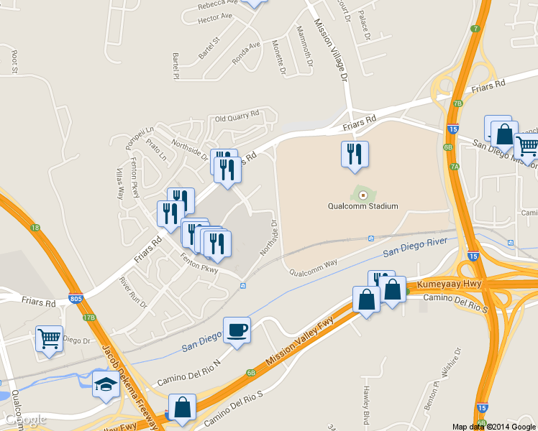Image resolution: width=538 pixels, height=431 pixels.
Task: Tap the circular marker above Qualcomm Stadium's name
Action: click(x=363, y=195)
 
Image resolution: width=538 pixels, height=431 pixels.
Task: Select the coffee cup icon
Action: click(x=237, y=330)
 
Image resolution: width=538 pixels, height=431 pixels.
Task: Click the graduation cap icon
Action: click(x=106, y=384)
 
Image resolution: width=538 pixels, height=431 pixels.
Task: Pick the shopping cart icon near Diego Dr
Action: click(x=49, y=338)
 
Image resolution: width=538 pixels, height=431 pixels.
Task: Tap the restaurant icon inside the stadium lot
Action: click(x=354, y=154)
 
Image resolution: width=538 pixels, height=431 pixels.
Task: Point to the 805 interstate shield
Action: click(x=76, y=297)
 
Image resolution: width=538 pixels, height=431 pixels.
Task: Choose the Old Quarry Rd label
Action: click(x=237, y=116)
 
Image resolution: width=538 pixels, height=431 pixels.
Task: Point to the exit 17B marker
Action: click(x=89, y=317)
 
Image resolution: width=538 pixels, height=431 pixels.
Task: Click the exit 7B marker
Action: click(x=457, y=103)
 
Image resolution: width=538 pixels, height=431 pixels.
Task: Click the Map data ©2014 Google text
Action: click(x=493, y=427)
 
